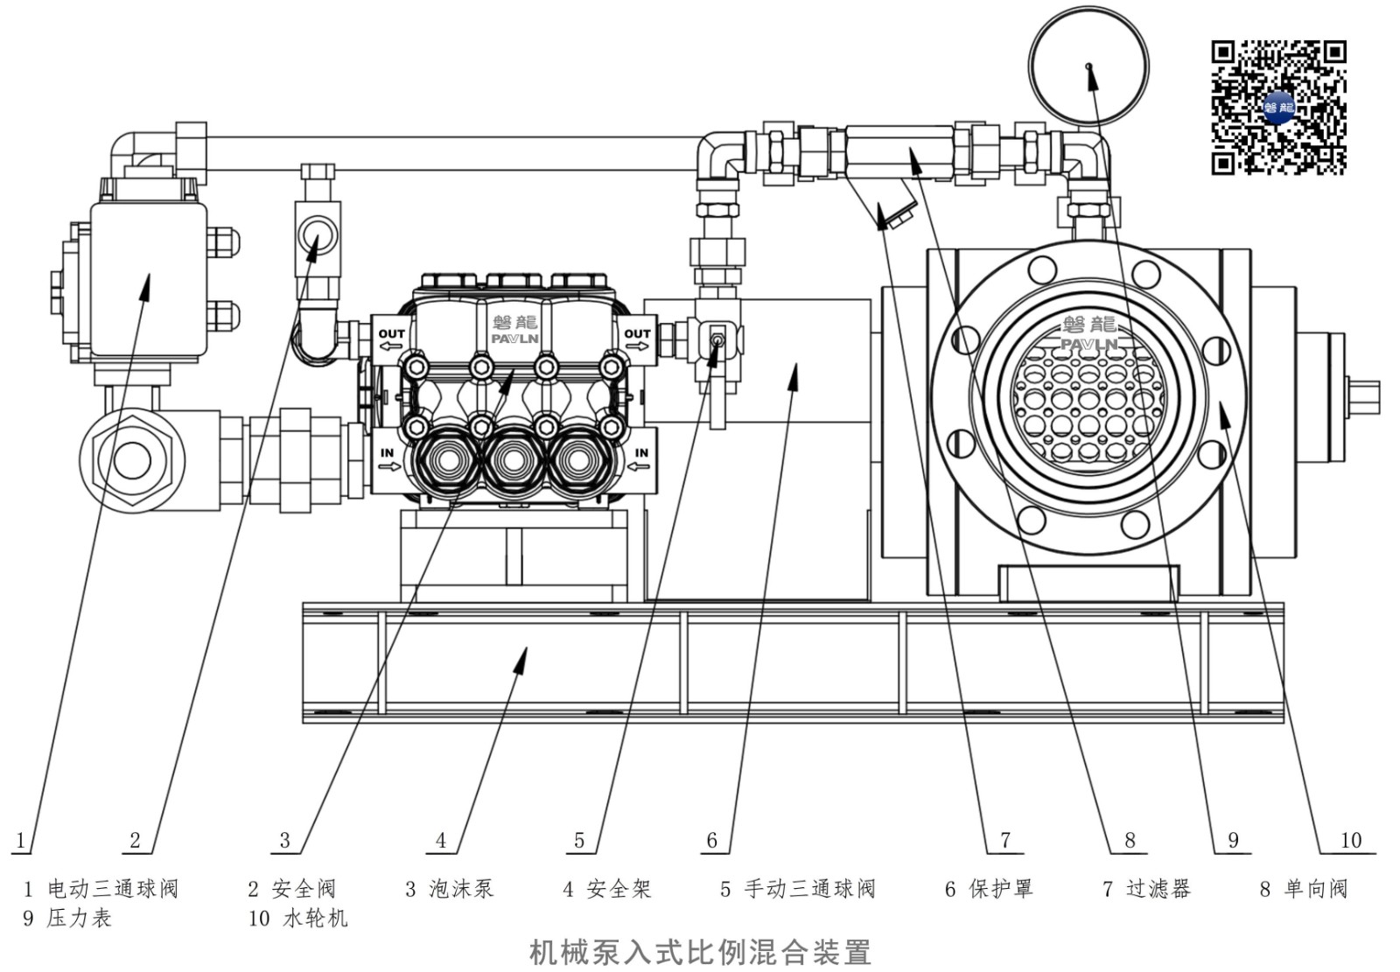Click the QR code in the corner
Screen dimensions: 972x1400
[x=1278, y=107]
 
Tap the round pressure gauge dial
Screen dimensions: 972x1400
[x=1088, y=66]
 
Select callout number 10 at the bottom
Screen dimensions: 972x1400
[x=1350, y=841]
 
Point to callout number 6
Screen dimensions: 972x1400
[x=711, y=841]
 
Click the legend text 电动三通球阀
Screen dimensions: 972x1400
[x=113, y=890]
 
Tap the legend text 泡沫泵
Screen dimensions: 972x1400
[x=461, y=890]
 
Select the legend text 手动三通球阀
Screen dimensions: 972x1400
[x=809, y=890]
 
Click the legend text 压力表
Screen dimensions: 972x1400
[x=79, y=919]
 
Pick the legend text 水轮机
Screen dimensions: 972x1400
[x=315, y=919]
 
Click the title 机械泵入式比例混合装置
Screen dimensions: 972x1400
[x=700, y=952]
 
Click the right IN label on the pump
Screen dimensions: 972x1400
[x=641, y=454]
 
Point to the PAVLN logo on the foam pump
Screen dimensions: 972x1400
[x=514, y=332]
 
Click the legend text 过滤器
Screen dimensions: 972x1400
[x=1158, y=890]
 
